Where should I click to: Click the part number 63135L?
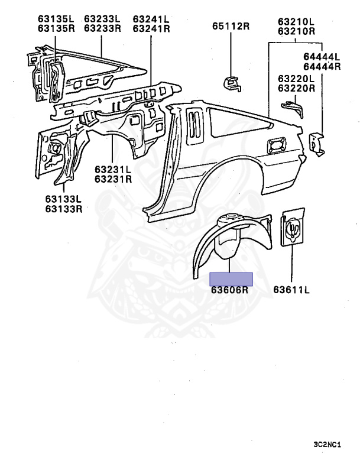[56, 19]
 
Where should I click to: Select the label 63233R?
[102, 28]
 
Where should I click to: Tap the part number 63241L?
[151, 19]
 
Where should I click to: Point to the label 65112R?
[231, 26]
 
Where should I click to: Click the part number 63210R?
[296, 31]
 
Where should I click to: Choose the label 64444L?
[322, 57]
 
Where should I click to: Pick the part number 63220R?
[296, 87]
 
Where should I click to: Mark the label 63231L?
[113, 169]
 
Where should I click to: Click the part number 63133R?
[64, 209]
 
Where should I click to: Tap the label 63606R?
[229, 290]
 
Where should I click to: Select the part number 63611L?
[291, 290]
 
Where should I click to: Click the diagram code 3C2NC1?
[327, 444]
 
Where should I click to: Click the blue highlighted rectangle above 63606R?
[231, 279]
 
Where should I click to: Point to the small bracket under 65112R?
[232, 83]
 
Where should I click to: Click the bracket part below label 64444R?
[317, 144]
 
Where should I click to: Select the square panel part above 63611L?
[293, 227]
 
